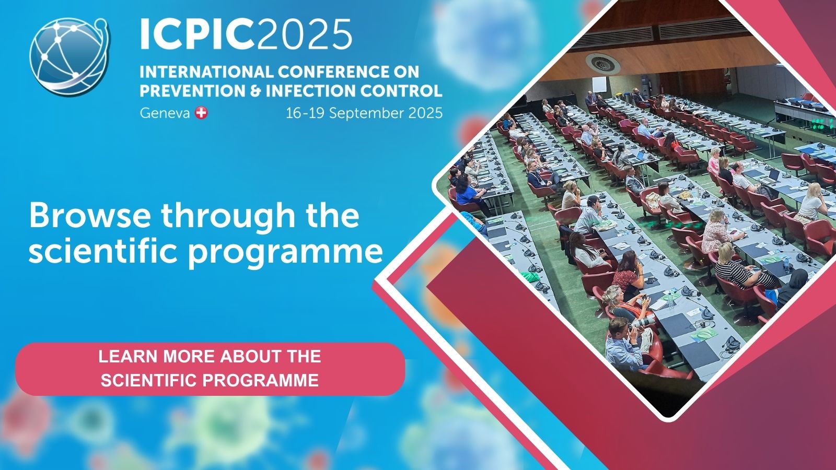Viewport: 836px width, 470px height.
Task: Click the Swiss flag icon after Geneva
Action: (x=201, y=113)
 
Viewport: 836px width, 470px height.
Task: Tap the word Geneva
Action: (x=165, y=113)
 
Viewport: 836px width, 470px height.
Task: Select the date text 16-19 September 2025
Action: (x=364, y=113)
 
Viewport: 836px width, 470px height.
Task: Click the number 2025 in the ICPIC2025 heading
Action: (x=304, y=34)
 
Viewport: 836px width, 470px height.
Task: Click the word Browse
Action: (x=89, y=215)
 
